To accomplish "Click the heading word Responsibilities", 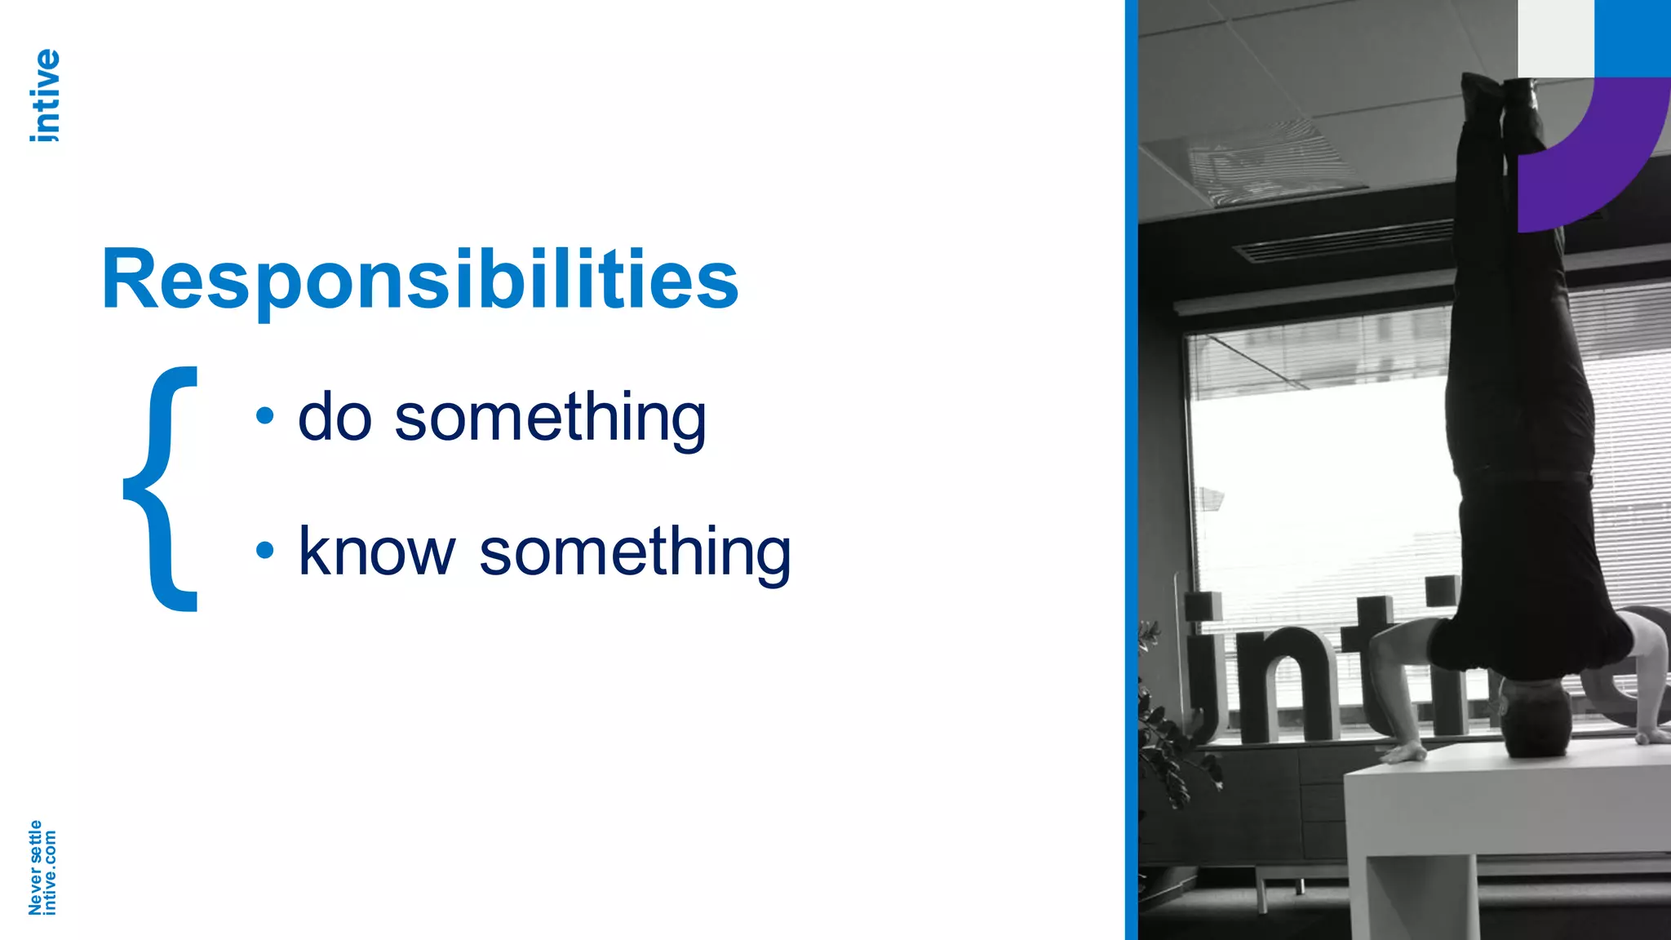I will [x=420, y=280].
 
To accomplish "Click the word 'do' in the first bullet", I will [x=335, y=417].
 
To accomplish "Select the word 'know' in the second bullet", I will [x=376, y=552].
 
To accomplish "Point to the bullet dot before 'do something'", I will [x=264, y=416].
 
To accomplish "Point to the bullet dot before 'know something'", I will [x=264, y=551].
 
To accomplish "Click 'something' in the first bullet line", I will [x=550, y=419].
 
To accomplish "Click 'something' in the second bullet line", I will [x=635, y=553].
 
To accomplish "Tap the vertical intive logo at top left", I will [x=45, y=95].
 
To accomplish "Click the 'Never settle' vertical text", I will [x=35, y=867].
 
